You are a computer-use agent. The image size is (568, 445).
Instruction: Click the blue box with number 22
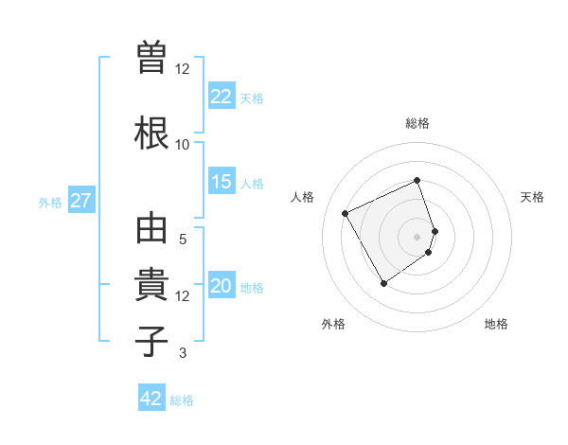(x=222, y=97)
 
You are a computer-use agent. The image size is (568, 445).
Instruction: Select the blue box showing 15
(x=222, y=182)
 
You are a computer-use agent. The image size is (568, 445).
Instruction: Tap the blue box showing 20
(x=222, y=287)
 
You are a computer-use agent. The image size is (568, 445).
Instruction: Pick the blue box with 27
(x=80, y=201)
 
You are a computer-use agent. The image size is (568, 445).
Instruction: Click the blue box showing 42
(x=151, y=399)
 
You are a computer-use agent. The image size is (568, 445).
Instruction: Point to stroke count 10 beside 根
(x=183, y=145)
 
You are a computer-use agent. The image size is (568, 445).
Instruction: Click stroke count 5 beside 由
(x=183, y=240)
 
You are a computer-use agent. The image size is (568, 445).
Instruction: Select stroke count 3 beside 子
(x=183, y=354)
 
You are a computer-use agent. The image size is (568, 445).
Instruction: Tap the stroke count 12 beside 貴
(x=183, y=296)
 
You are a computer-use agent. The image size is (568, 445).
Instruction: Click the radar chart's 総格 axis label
(x=417, y=123)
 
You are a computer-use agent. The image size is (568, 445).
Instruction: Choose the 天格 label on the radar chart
(x=532, y=197)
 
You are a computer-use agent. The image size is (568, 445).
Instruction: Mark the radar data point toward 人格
(x=346, y=213)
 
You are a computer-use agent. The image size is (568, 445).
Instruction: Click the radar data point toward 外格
(x=383, y=283)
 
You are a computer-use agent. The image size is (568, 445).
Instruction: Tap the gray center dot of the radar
(x=417, y=236)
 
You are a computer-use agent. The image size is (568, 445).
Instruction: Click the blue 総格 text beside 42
(x=182, y=400)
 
